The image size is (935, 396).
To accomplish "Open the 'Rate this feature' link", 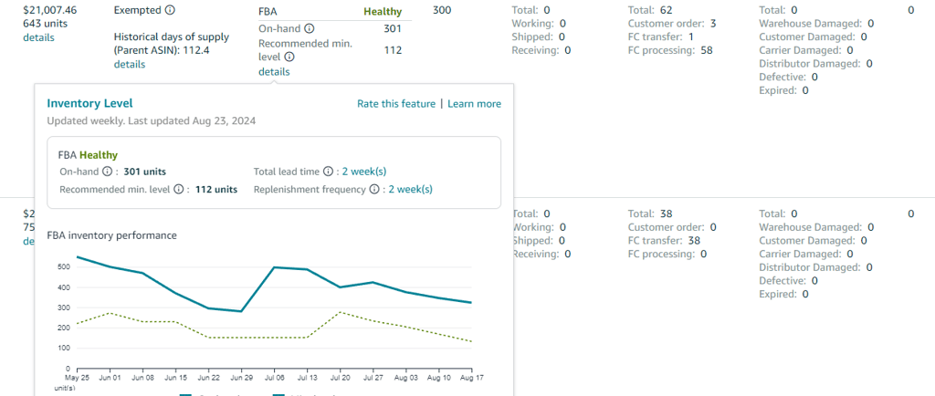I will pos(396,104).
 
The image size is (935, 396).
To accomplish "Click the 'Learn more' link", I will pos(474,104).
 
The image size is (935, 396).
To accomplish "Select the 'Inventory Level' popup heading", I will pos(89,103).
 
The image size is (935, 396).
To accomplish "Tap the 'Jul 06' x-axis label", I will pos(274,376).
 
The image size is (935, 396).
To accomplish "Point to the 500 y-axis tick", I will pos(61,267).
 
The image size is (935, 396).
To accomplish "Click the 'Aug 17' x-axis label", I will pos(471,376).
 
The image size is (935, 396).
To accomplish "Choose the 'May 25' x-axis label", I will pos(77,376).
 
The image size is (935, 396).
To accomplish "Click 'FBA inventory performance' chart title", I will pos(111,235).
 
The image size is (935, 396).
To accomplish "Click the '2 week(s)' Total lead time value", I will pos(363,171).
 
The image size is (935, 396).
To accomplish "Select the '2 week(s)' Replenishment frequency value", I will pos(410,190).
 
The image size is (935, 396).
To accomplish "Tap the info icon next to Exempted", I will pos(170,10).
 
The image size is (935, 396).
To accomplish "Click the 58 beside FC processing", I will pos(707,50).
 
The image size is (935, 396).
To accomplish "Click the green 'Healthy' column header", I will pos(382,10).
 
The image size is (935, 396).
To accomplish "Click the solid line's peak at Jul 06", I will pos(274,267).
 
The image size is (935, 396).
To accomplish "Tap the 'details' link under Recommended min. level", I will pos(274,71).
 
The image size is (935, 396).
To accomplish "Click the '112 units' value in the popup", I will pos(216,190).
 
